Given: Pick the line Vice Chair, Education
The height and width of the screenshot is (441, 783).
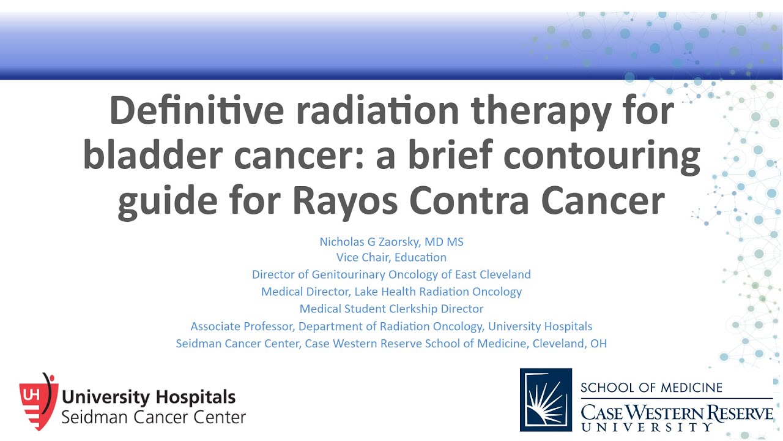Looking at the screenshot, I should coord(391,257).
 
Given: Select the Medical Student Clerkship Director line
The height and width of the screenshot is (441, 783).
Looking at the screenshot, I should coord(391,309).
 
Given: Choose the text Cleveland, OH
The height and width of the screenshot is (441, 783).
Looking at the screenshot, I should coord(570,343).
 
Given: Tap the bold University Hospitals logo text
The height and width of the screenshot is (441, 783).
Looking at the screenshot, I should coord(149,397).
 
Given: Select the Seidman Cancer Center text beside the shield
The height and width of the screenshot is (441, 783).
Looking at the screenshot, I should coord(154,418).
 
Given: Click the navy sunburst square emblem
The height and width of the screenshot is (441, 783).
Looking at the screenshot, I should coord(546,399).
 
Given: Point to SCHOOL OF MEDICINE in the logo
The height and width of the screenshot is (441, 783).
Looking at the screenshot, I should coord(651,387).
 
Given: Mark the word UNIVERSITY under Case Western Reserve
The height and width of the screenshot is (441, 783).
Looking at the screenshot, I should coord(647,427).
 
